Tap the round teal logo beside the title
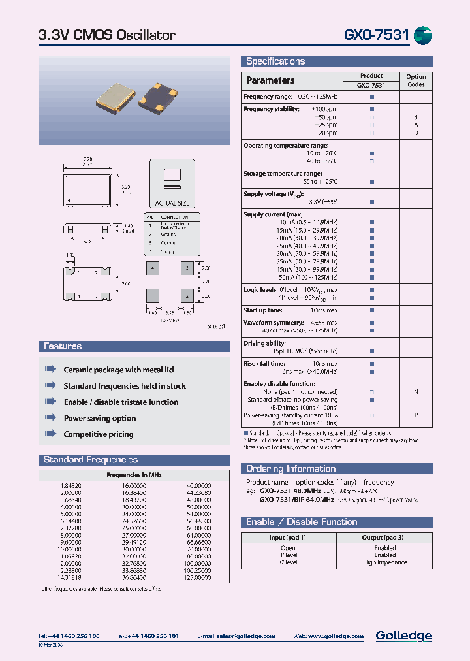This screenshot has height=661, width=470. [x=423, y=35]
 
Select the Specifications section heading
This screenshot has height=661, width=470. [x=275, y=61]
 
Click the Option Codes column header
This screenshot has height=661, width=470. [x=416, y=80]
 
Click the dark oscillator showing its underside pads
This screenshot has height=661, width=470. [x=166, y=97]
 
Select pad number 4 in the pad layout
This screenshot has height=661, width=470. [x=152, y=268]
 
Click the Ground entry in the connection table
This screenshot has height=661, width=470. [x=168, y=233]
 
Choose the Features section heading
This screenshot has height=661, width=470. [x=63, y=346]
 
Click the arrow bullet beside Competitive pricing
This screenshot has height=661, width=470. [x=50, y=434]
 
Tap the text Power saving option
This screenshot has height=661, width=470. [x=100, y=418]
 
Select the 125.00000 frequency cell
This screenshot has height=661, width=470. [x=198, y=577]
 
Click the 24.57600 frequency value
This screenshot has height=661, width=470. [x=134, y=521]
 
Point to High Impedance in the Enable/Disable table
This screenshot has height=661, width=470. [x=385, y=562]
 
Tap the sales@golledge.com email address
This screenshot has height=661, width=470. [x=247, y=636]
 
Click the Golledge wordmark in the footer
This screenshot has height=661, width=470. [x=403, y=636]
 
